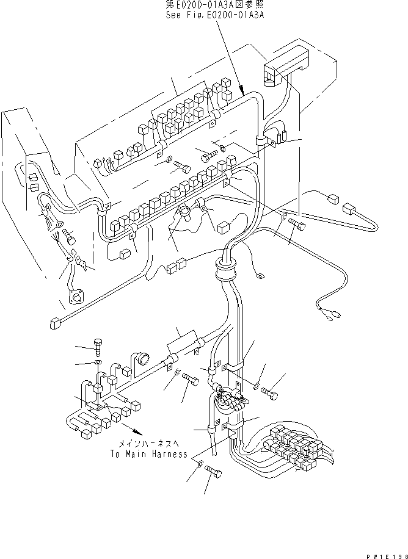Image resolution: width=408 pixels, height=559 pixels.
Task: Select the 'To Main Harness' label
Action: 148,454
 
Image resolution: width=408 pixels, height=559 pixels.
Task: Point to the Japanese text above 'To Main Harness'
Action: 148,444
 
